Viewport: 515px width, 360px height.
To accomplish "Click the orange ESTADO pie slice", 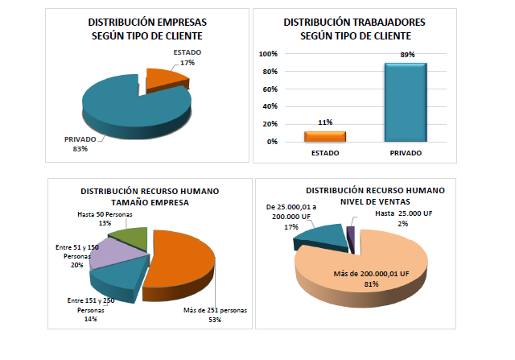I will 167,80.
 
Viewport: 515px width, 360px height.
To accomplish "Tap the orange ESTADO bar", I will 324,136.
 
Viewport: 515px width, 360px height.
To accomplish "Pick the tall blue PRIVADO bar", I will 405,102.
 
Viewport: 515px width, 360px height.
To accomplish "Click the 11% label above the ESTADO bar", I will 324,123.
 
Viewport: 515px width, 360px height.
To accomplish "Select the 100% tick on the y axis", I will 268,54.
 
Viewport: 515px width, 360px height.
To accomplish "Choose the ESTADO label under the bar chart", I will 324,152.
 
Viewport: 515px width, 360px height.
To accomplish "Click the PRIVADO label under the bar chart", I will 405,152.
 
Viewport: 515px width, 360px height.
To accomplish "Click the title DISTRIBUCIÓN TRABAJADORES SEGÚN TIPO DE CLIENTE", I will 355,29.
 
